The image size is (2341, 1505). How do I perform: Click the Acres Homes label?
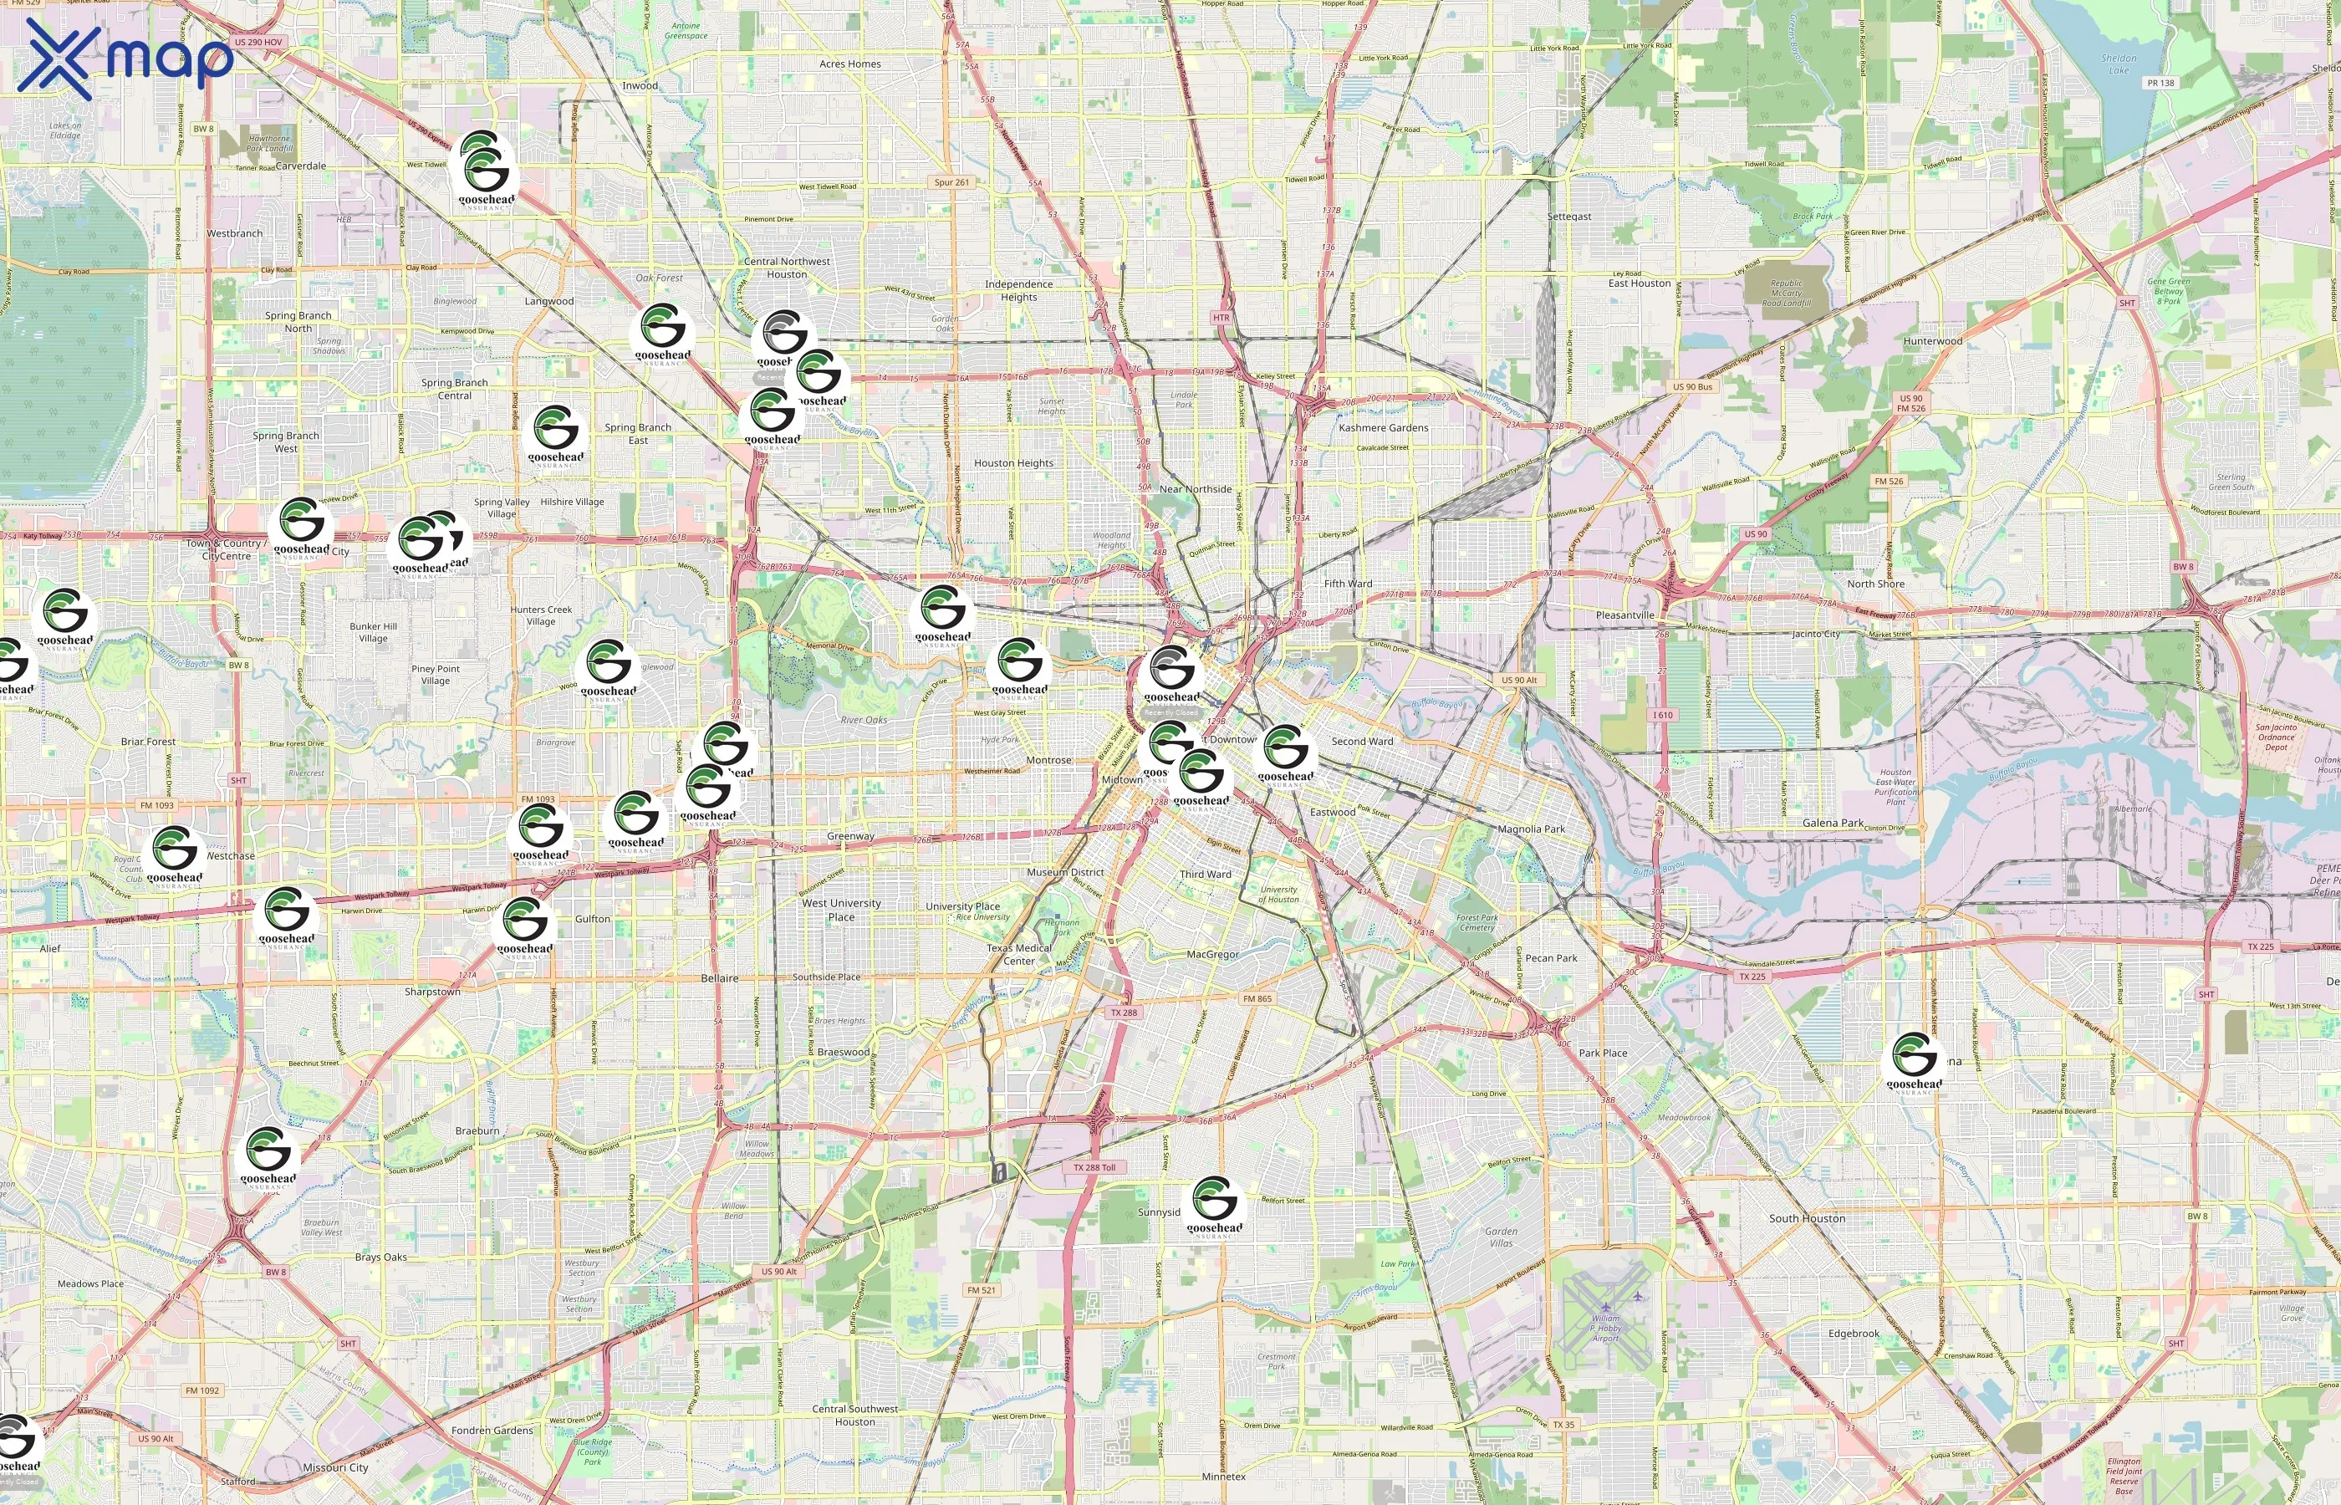[850, 64]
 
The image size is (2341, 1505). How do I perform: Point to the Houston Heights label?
[1013, 463]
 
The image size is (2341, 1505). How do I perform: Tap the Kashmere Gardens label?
[1383, 428]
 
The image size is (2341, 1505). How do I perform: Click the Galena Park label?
[1832, 823]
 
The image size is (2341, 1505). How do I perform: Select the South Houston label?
[1807, 1219]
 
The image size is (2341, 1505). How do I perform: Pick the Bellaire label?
[719, 978]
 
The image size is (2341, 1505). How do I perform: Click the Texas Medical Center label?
[1019, 954]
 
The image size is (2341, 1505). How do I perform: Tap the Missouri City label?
[335, 1467]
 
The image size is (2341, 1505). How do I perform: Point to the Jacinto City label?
[1815, 635]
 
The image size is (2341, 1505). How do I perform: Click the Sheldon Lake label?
[2119, 64]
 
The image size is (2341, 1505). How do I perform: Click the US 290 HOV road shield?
[258, 43]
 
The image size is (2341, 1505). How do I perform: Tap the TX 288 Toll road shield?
[1094, 1167]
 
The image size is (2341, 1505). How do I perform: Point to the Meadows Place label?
[91, 1284]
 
